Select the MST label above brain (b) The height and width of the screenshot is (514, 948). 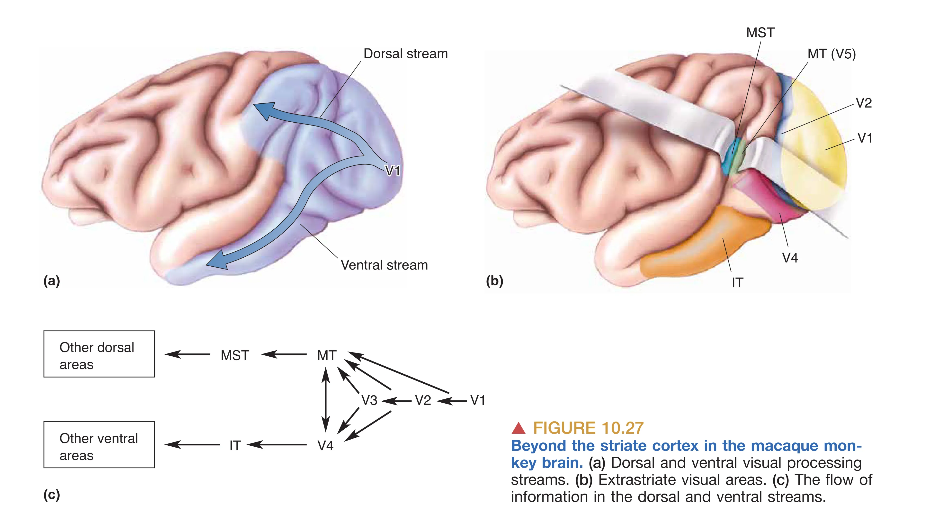760,33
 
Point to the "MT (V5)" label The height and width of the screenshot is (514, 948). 831,54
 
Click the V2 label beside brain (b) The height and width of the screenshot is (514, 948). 863,103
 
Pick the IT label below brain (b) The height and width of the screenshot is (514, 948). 737,283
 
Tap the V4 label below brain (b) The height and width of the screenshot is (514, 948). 790,258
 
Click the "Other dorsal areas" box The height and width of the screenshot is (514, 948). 99,354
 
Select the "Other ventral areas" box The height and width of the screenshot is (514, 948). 99,445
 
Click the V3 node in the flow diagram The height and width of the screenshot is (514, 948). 369,400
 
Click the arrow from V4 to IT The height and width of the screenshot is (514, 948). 277,445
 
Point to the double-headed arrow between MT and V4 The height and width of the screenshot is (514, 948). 326,399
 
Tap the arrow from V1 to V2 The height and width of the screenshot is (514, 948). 452,401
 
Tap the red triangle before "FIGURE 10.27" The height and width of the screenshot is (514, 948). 519,428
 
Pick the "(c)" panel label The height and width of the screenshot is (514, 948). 52,495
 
